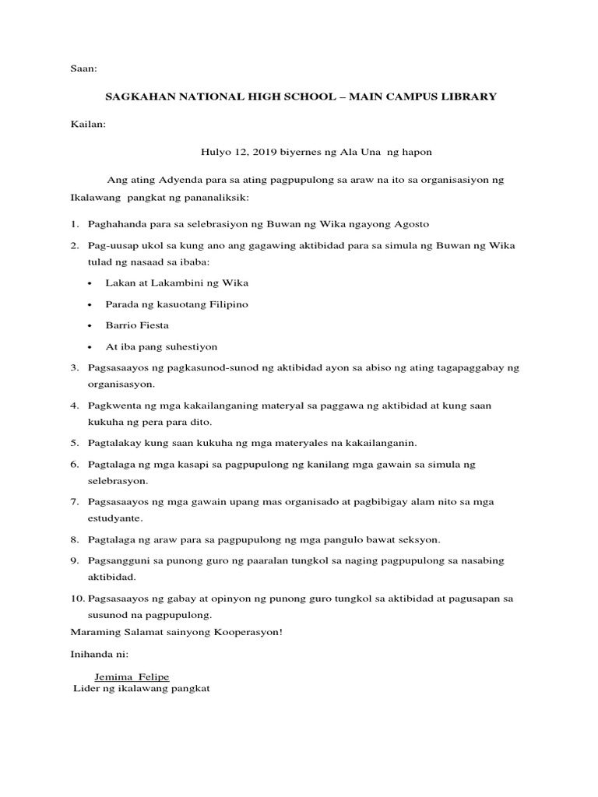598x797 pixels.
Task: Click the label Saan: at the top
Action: click(83, 68)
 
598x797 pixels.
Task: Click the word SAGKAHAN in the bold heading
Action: click(142, 97)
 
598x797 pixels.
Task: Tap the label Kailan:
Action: click(87, 123)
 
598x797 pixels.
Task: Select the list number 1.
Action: click(74, 224)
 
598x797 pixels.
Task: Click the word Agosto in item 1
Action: click(412, 224)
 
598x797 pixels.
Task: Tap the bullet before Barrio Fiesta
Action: click(93, 325)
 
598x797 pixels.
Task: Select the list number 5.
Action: click(74, 444)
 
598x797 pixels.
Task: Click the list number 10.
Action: click(76, 599)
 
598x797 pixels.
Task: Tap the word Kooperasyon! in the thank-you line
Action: click(244, 631)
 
